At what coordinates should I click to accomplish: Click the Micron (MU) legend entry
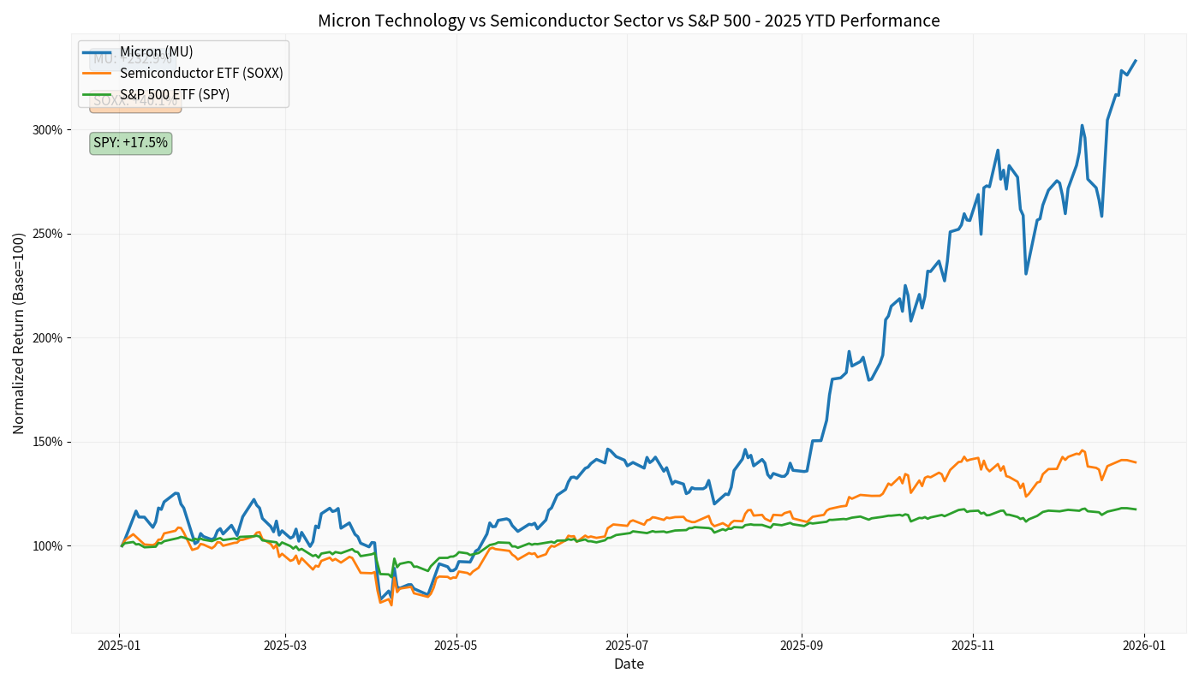click(156, 52)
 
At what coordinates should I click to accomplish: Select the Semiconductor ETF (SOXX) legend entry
click(201, 74)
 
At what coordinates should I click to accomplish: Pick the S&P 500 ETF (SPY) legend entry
click(175, 94)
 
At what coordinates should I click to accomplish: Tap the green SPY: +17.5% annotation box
click(130, 143)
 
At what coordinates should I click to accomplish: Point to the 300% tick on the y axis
click(48, 130)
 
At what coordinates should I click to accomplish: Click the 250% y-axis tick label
click(48, 234)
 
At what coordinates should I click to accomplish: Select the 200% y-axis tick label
click(48, 338)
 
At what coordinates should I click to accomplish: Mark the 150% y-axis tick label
click(48, 442)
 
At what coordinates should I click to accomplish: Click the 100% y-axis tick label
click(48, 546)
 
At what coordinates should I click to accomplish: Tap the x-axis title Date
click(629, 664)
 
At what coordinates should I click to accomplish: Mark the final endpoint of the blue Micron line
click(1136, 61)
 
